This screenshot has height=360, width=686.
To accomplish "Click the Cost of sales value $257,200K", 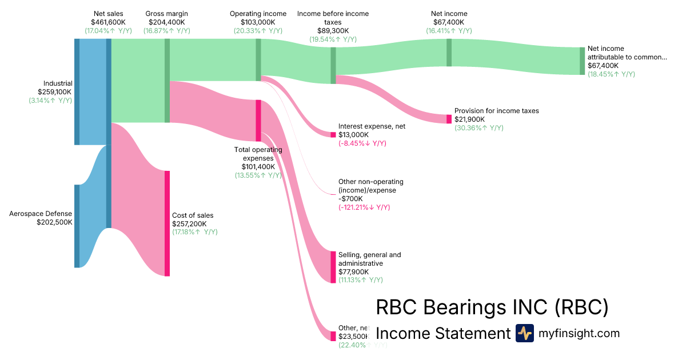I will (193, 224).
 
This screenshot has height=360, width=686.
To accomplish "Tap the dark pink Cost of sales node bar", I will (167, 223).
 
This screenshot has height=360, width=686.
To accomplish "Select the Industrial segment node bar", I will (77, 91).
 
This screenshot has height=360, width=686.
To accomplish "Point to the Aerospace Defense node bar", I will (77, 226).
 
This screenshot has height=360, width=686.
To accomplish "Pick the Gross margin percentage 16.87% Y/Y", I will (167, 31).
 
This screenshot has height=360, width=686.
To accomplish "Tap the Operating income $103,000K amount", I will (258, 22).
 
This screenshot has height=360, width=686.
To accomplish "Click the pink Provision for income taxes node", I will (449, 119).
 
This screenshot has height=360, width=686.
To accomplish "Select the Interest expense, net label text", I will (372, 126).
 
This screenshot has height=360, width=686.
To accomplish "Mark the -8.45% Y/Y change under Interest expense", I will (362, 143).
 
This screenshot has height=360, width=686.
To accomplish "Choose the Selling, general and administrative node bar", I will (333, 267).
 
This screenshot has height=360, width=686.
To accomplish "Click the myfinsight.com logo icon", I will (524, 333).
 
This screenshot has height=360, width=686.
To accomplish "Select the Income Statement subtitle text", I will (442, 334).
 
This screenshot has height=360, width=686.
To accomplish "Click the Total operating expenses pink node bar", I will (258, 121).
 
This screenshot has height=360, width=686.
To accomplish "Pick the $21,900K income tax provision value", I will (469, 119).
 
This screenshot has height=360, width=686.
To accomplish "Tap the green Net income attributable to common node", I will (583, 61).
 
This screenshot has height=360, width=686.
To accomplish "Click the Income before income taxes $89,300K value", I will (333, 31).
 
